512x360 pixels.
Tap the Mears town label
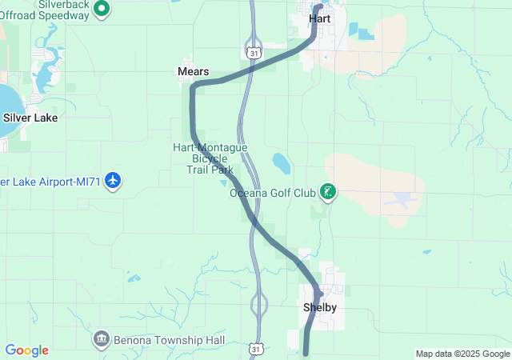(x=192, y=71)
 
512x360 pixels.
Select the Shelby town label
(x=319, y=308)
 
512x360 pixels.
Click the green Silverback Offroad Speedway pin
(x=102, y=9)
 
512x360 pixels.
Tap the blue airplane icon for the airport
(x=113, y=181)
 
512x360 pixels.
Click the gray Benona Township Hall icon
(x=102, y=338)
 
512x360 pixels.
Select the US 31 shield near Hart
(x=254, y=52)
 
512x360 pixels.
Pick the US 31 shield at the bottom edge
(x=255, y=349)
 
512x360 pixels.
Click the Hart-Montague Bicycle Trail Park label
(x=210, y=158)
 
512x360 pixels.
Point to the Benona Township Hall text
(x=161, y=338)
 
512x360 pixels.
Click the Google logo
(x=26, y=350)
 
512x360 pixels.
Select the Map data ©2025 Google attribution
(x=462, y=354)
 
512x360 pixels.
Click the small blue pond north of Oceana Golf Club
(x=281, y=163)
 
